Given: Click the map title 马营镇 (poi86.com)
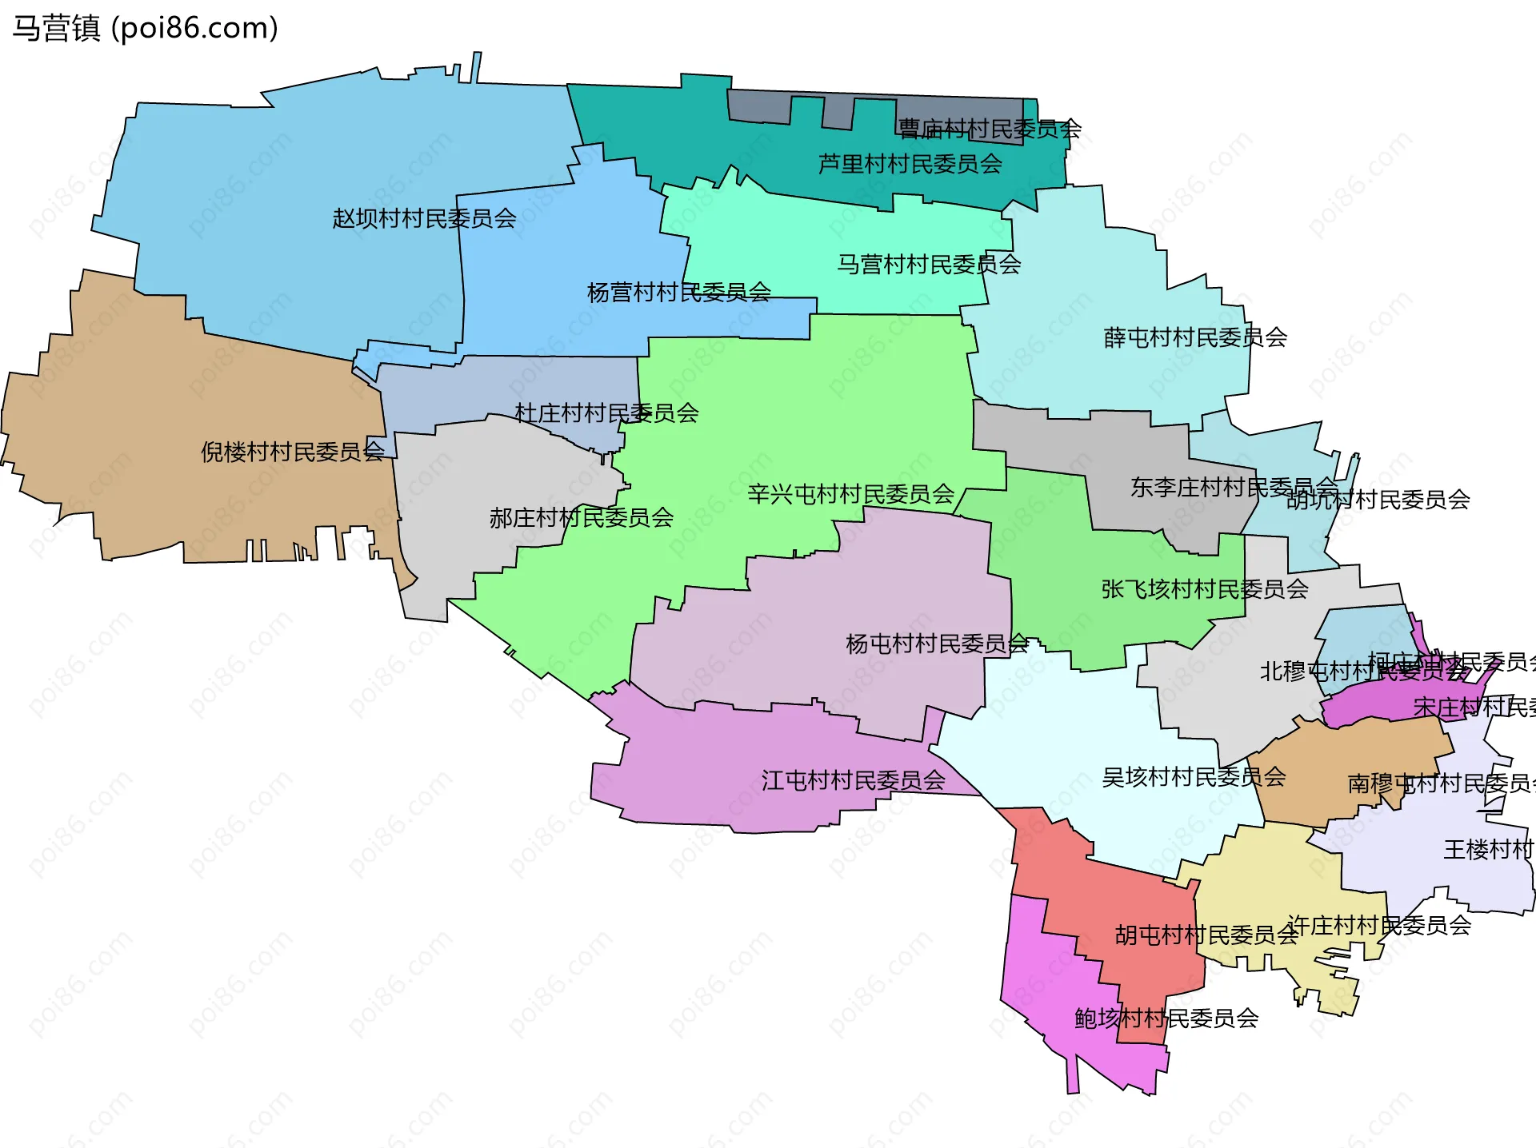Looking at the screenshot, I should pos(145,28).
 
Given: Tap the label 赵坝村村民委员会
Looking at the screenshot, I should pos(424,218).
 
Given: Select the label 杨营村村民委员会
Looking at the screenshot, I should pos(678,293).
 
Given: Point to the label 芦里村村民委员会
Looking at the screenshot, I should pos(910,164).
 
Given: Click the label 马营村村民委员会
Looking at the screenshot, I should pos(928,264).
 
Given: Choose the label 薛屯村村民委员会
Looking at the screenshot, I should pos(1194,337).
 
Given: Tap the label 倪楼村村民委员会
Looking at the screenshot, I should pos(292,452).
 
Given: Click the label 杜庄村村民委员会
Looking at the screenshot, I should pos(606,413).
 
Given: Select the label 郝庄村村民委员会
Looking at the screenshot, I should pos(581,518).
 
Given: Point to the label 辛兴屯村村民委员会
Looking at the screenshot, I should pos(850,494).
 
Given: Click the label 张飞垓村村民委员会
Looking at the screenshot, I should pos(1204,589).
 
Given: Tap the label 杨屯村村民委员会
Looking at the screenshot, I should pos(936,644).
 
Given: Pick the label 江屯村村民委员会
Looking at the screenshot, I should pos(853,780).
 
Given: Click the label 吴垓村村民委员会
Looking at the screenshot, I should pos(1193,776).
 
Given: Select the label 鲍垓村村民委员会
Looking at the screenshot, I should pos(1166,1018).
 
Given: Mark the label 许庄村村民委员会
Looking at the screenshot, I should pos(1378,925).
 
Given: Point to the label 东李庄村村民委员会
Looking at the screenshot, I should pos(1233,487).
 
